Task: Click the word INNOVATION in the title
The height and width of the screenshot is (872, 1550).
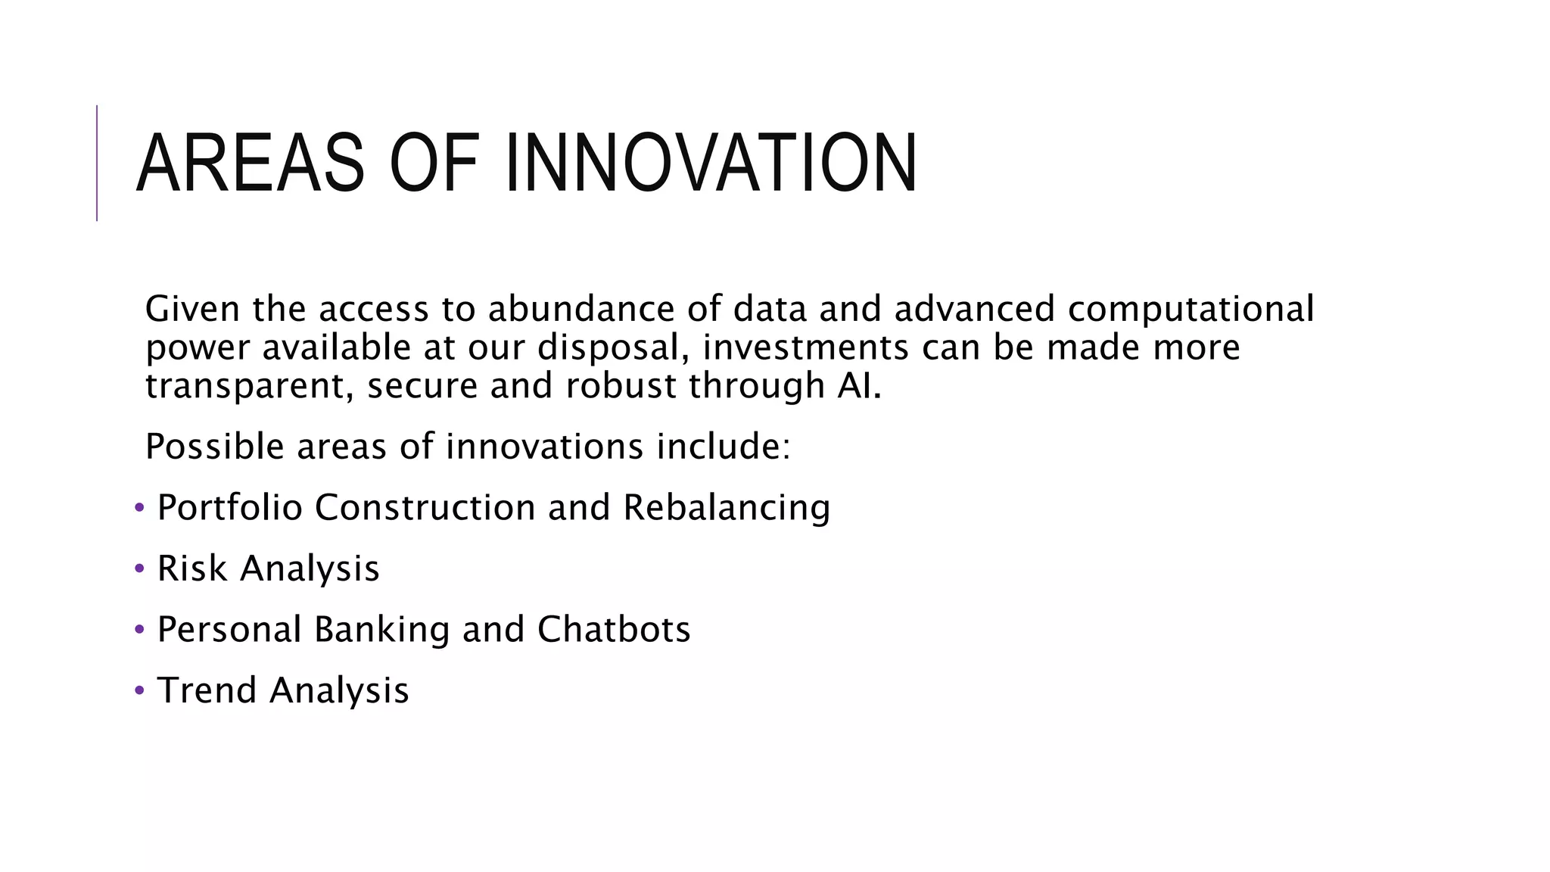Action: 710,163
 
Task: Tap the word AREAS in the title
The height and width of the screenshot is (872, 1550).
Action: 251,163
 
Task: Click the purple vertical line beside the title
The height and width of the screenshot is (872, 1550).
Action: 97,163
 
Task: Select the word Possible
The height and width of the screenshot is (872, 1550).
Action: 214,447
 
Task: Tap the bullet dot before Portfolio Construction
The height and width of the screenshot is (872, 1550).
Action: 139,507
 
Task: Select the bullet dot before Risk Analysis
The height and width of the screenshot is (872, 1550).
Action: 139,568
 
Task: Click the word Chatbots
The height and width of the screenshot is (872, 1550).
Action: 614,630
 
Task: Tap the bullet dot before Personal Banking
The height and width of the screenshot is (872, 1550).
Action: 139,630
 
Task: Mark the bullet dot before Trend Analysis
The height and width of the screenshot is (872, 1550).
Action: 139,690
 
